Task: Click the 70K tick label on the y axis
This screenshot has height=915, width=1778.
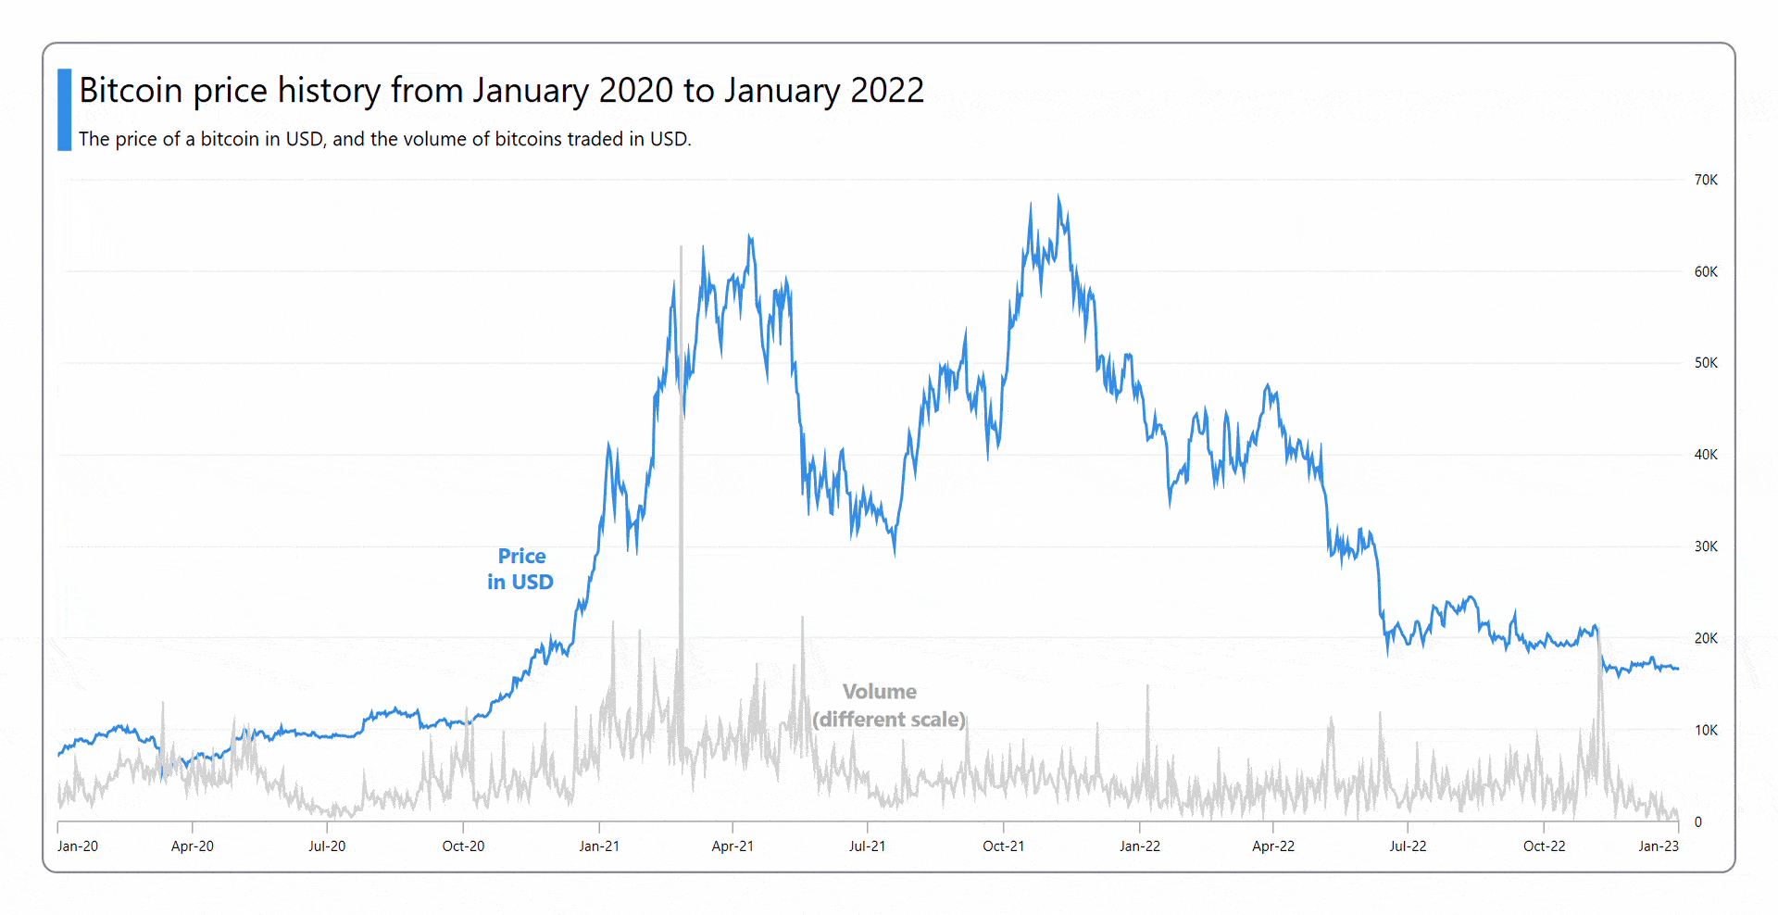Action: click(x=1706, y=180)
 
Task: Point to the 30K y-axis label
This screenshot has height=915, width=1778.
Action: click(x=1706, y=546)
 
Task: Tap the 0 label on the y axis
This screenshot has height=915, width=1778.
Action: click(x=1698, y=821)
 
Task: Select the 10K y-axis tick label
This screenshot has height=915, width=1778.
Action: click(x=1706, y=730)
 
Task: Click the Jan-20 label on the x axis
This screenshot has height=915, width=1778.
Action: click(x=78, y=846)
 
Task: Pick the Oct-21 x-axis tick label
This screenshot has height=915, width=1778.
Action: click(x=1004, y=846)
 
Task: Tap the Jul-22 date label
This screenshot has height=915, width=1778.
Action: click(x=1408, y=846)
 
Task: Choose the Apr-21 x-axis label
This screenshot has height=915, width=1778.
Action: click(x=732, y=846)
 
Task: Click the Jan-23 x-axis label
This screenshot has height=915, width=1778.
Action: click(x=1659, y=846)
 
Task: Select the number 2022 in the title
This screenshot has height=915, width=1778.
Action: click(x=887, y=91)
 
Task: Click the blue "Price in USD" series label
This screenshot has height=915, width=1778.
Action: click(x=520, y=569)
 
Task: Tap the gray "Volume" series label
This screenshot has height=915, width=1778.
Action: click(x=880, y=692)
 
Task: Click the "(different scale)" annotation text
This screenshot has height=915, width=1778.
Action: click(x=889, y=720)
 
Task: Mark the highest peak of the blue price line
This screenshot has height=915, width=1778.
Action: click(x=1058, y=196)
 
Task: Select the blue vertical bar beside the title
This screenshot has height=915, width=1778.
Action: click(x=64, y=109)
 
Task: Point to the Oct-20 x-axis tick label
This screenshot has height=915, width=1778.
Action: click(x=463, y=846)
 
